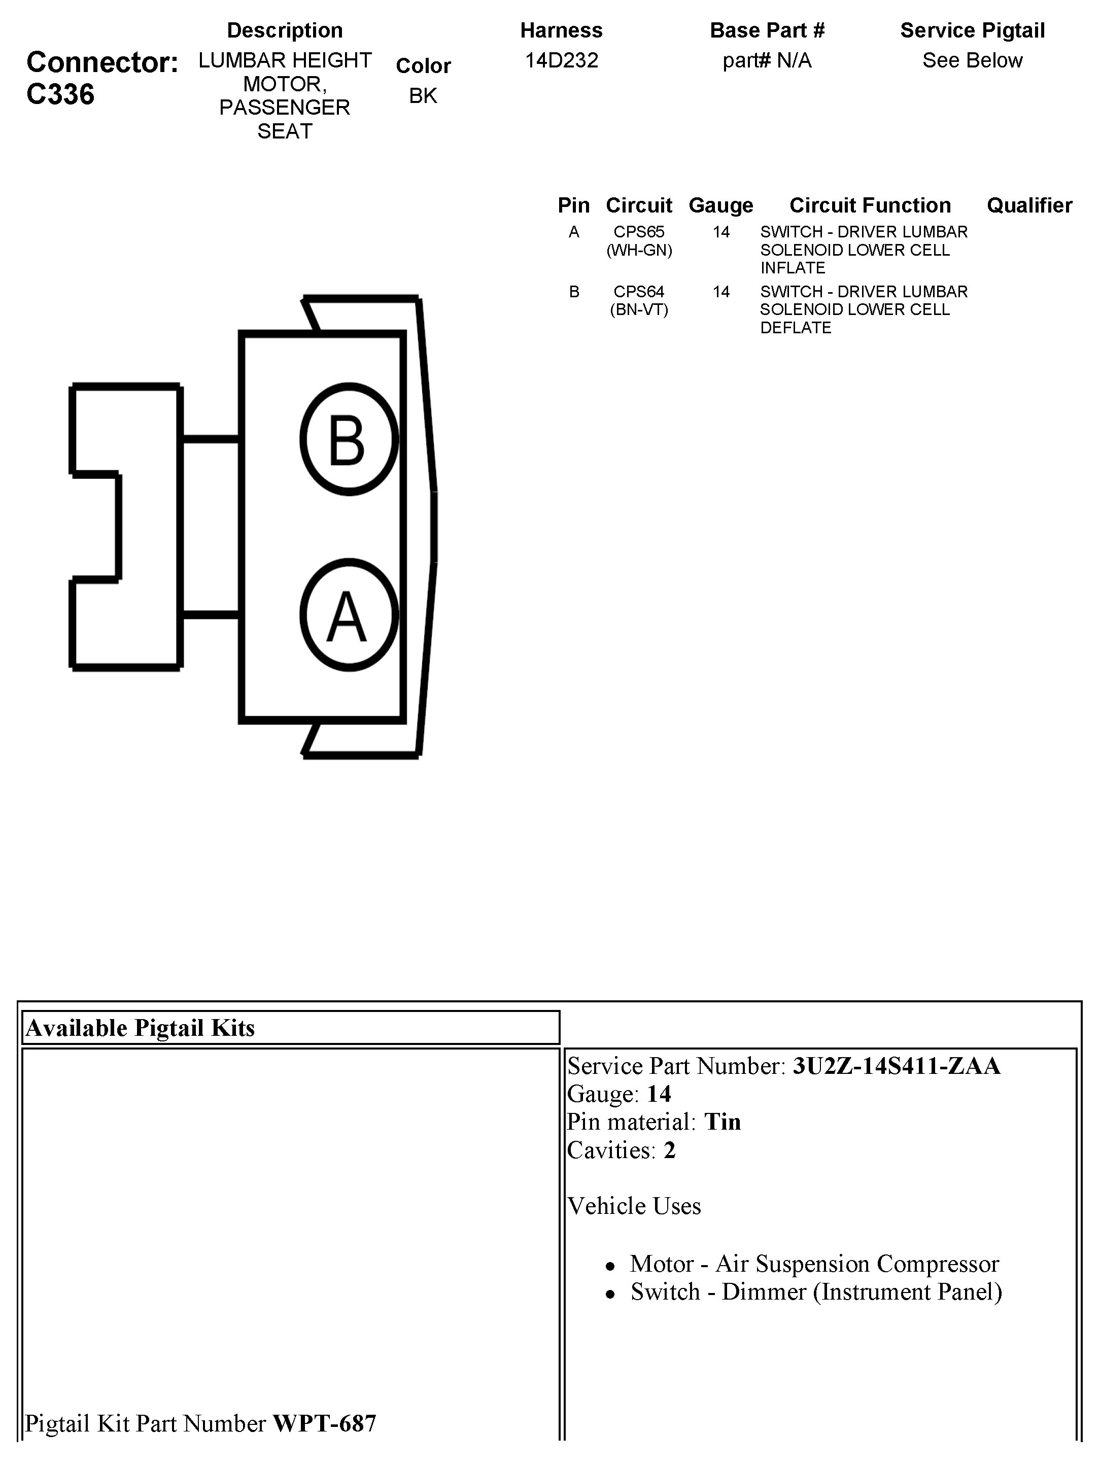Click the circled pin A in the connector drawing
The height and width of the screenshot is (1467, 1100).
tap(349, 615)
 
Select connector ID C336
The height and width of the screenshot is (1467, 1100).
tap(60, 94)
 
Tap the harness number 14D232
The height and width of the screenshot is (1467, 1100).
tap(561, 60)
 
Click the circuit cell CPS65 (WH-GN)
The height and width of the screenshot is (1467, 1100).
tap(639, 241)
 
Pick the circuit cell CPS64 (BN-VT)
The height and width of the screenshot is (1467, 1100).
tap(639, 300)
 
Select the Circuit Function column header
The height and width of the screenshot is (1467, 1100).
tap(870, 205)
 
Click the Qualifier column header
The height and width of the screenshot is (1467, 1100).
tap(1029, 205)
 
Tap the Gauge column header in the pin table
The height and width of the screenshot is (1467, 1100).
tap(720, 205)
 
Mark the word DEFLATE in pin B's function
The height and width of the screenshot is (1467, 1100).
tap(796, 328)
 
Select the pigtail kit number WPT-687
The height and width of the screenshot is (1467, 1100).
tap(324, 1423)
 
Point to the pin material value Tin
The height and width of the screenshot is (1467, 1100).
tap(723, 1122)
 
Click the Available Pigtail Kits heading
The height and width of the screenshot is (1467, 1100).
tap(140, 1028)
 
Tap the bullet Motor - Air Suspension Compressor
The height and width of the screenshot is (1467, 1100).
tap(814, 1264)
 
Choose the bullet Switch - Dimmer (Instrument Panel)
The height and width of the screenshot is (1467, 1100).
tap(816, 1291)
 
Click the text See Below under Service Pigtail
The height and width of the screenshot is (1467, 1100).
tap(972, 60)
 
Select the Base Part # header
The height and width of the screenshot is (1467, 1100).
tap(767, 30)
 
